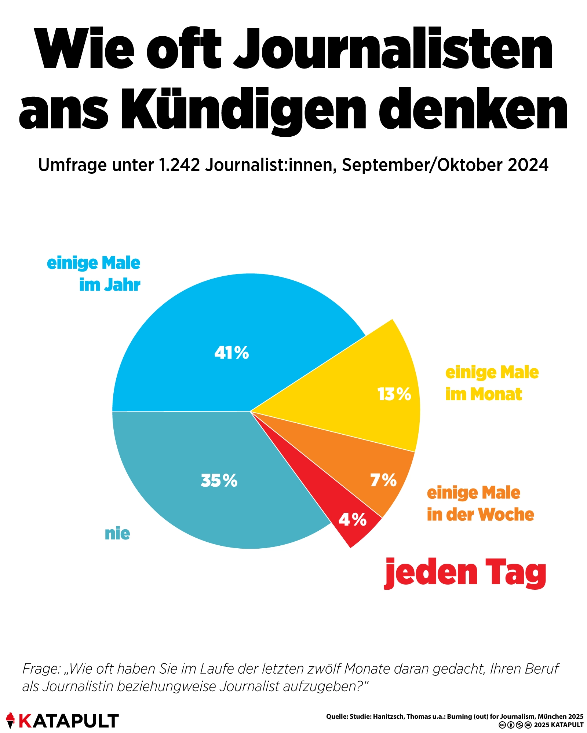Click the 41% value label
tap(231, 353)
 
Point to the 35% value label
tap(219, 480)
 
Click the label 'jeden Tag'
tap(465, 572)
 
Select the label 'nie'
tap(117, 534)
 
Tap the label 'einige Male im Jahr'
tap(94, 274)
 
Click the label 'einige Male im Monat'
tap(492, 383)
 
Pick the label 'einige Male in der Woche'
tap(480, 504)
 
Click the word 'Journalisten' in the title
tap(393, 49)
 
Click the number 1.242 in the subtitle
tap(179, 165)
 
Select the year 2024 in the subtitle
tap(528, 165)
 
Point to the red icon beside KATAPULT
tap(10, 720)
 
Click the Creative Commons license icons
tap(515, 725)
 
